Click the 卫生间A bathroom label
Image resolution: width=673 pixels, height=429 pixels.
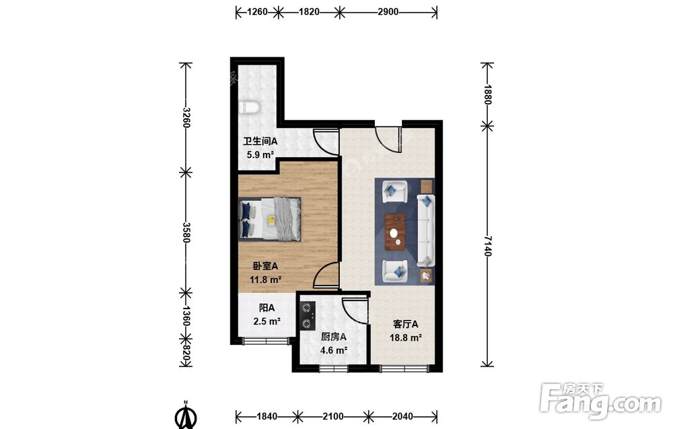(x=260, y=141)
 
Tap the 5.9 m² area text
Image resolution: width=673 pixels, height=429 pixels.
(x=260, y=155)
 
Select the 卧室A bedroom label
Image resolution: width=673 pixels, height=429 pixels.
(x=265, y=266)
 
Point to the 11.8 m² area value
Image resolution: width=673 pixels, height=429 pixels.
(x=265, y=279)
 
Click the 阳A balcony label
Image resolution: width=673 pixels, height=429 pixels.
(x=267, y=308)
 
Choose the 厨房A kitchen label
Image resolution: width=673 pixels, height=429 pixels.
(x=334, y=337)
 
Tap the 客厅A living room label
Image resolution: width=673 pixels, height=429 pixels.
(x=406, y=325)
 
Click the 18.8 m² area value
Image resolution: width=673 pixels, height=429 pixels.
(x=406, y=337)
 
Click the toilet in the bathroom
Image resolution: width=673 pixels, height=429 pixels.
(x=248, y=107)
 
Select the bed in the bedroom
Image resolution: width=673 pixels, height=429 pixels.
(x=270, y=219)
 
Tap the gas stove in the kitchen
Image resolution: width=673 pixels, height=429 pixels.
(x=308, y=315)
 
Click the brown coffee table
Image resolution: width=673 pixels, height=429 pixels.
(x=395, y=232)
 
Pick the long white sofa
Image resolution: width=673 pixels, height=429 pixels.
(x=426, y=230)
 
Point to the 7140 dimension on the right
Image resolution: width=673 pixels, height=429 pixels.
(x=487, y=246)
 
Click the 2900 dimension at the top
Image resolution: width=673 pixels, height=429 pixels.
(x=388, y=12)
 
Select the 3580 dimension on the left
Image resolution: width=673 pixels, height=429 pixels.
(x=186, y=232)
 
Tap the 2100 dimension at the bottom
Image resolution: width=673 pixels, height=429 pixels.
(x=333, y=416)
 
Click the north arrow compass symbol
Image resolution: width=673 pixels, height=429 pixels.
(x=186, y=416)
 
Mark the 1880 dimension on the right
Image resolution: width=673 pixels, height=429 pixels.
(x=487, y=94)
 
